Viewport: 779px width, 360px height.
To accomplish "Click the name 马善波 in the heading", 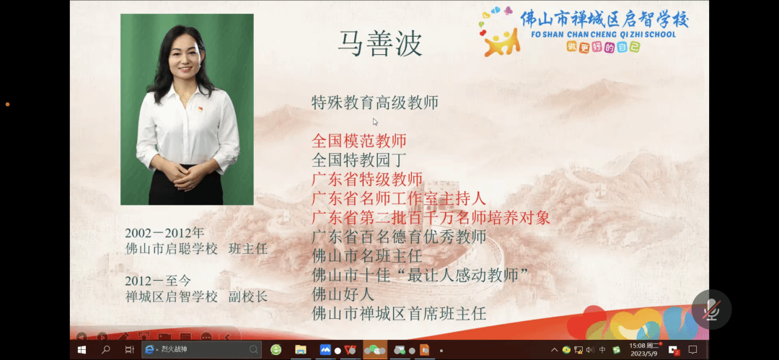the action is (380, 43).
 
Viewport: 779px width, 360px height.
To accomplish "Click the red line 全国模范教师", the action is (358, 141).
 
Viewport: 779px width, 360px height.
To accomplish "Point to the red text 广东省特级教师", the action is (367, 179).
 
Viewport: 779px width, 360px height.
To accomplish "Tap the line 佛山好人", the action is (343, 294).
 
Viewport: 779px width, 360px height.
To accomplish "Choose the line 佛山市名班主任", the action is (367, 256).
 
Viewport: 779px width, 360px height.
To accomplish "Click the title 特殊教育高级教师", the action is (375, 103).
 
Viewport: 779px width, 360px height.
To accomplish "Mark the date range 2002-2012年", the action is (164, 233).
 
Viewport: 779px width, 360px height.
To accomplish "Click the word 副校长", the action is (248, 297).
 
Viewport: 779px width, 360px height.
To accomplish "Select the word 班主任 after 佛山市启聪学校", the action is (248, 249).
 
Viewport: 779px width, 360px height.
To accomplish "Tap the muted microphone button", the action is (711, 309).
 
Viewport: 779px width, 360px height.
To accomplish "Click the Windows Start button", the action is (82, 350).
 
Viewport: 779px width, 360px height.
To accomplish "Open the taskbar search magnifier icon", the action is (105, 350).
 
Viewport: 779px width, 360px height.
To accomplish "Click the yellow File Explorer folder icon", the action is (300, 350).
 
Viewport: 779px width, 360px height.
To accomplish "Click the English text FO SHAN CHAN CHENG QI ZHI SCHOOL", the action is (603, 35).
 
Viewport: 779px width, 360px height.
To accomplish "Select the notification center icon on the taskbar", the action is (692, 350).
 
